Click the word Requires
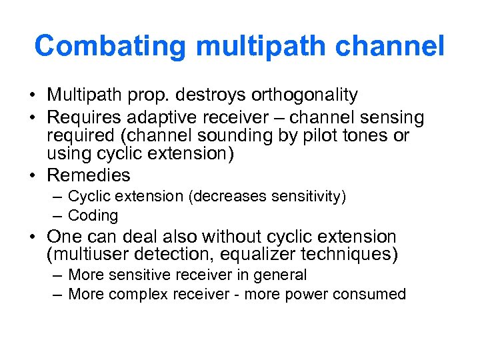click(x=85, y=118)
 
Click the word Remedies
click(x=89, y=175)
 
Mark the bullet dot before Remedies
click(x=35, y=176)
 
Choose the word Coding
click(x=93, y=215)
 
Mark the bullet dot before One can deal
click(x=35, y=237)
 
